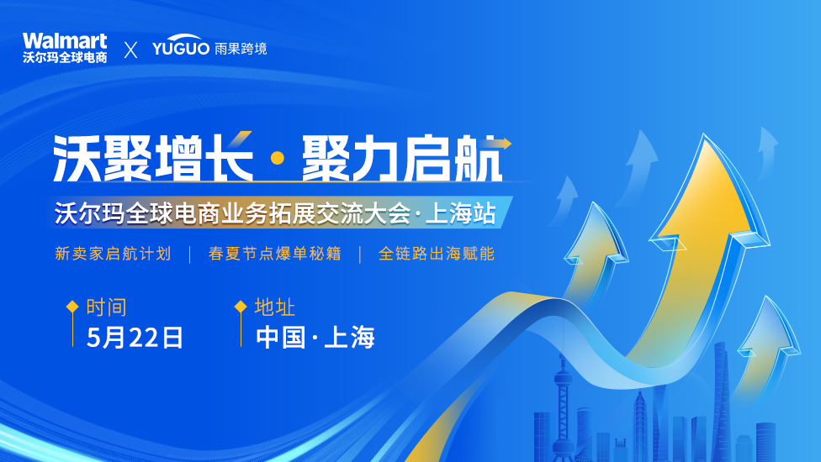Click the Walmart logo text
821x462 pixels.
coord(65,41)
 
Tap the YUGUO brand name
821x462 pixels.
coord(181,47)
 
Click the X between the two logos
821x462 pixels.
coord(130,50)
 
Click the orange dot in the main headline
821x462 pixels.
coord(278,158)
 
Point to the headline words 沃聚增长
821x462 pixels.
coord(153,158)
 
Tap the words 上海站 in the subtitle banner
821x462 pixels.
coord(461,213)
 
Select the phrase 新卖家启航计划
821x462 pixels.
coord(113,254)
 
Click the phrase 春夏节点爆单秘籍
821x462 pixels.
coord(275,254)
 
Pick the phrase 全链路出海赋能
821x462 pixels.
coord(437,254)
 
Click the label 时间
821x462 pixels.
coord(106,307)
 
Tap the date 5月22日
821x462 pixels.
coord(135,338)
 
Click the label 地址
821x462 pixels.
coord(275,307)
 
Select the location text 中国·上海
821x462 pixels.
coord(315,338)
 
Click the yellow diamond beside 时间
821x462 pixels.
coord(73,307)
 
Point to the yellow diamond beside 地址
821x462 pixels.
coord(241,307)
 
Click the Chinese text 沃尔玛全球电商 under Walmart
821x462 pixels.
coord(65,57)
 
